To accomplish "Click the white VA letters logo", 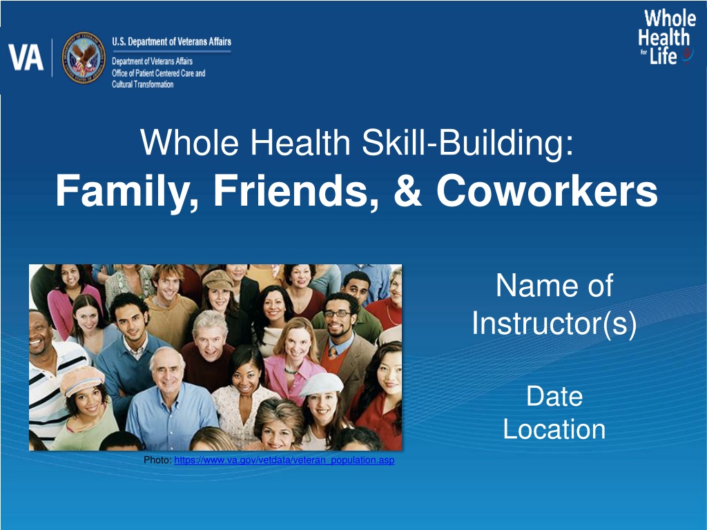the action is tap(26, 58).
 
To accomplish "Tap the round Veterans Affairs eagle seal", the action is tap(84, 58).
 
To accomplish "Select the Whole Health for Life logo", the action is tap(666, 37).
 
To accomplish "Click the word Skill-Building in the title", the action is tap(468, 142).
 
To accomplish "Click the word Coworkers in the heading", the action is tap(547, 190).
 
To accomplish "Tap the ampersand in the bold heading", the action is tap(407, 190).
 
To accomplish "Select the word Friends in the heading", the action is tap(296, 190).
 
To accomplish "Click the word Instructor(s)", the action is tap(554, 323).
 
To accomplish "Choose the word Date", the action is tap(554, 396).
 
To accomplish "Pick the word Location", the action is tap(554, 429).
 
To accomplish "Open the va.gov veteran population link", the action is tap(284, 460).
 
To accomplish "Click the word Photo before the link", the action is tap(157, 460).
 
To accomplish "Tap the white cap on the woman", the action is tap(321, 384).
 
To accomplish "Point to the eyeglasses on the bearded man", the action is tap(337, 313).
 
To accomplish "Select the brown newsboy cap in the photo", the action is tap(217, 279).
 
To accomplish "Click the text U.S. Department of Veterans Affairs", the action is tap(171, 42).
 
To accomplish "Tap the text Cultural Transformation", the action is tap(142, 84).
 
